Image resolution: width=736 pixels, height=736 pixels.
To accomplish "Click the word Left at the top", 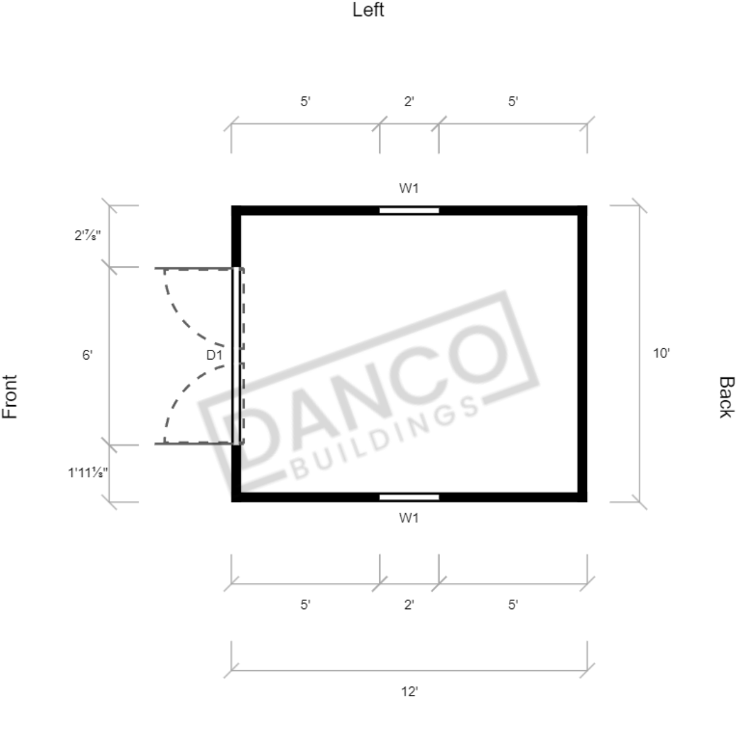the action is click(x=368, y=10).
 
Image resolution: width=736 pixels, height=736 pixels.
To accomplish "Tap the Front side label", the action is click(x=10, y=397).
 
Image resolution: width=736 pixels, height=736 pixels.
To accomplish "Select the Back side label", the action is click(x=726, y=397).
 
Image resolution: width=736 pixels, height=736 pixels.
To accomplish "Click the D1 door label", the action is click(x=214, y=355).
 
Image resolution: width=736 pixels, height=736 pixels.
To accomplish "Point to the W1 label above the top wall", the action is click(x=409, y=188).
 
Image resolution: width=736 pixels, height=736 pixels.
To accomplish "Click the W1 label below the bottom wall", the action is click(x=409, y=517).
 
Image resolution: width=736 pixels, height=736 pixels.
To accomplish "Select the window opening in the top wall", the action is click(x=409, y=211).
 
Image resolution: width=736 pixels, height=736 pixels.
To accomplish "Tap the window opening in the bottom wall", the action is click(x=409, y=497).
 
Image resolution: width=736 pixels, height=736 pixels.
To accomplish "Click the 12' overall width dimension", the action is click(x=409, y=691).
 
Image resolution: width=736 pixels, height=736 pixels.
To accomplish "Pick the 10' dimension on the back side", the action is click(x=661, y=353).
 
